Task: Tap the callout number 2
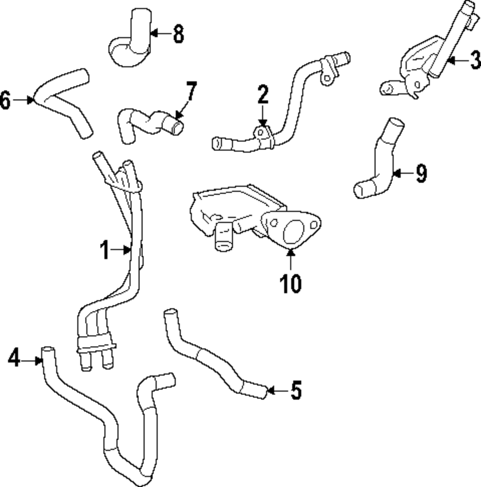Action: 262,96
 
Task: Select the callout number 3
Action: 474,61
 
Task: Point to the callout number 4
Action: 14,359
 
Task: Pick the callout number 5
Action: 295,390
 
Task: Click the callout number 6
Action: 5,100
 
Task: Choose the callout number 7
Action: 191,91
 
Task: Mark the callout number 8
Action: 178,34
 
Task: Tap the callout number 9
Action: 421,173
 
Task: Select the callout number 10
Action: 291,284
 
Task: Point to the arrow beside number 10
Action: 291,260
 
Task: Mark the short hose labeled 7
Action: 149,124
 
